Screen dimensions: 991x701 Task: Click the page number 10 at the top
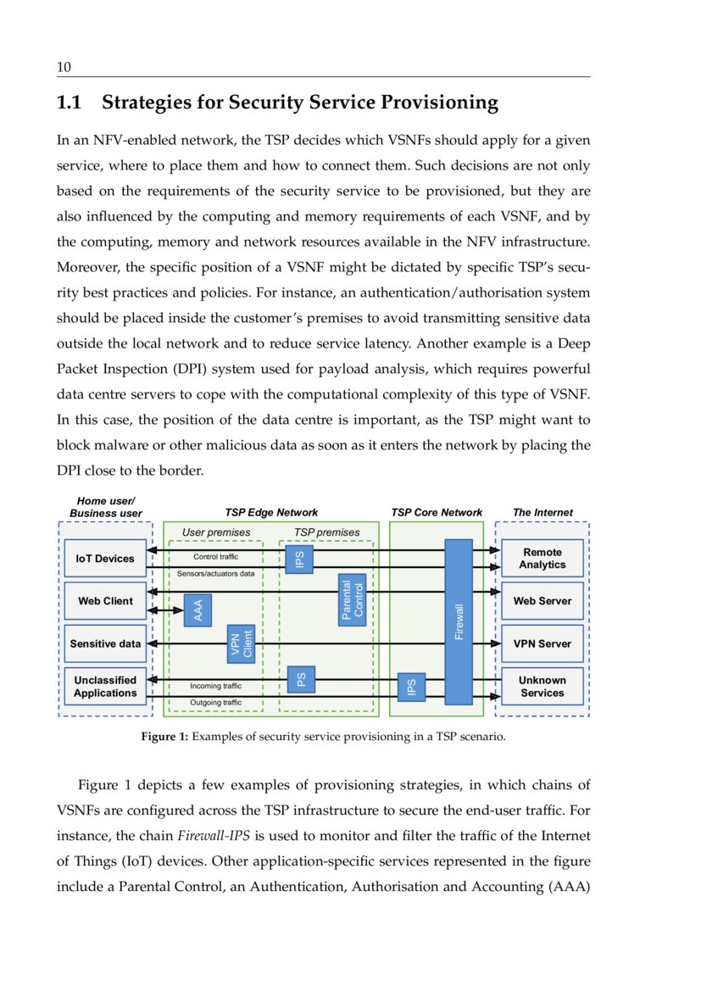pos(63,67)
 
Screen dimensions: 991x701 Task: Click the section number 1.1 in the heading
pos(69,103)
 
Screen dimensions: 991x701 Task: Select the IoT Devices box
pos(106,559)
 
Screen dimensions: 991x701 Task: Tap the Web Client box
pos(106,601)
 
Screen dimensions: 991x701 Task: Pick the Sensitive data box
pos(106,643)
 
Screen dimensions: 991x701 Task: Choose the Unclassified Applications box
pos(106,687)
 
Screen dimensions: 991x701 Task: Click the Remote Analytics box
pos(542,558)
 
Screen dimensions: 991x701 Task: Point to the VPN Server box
pos(542,643)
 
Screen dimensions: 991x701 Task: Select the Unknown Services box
pos(542,687)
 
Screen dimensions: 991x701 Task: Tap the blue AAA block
pos(198,610)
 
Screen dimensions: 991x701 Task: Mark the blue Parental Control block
pos(352,601)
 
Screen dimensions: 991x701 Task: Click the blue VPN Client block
pos(242,643)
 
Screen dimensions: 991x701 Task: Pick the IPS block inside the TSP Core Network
pos(411,688)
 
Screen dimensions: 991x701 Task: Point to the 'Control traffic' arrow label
pos(215,557)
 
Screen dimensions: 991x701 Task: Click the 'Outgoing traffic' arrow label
pos(215,703)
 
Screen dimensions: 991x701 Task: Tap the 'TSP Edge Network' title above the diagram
pos(271,512)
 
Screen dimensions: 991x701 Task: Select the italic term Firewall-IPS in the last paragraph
pos(214,837)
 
